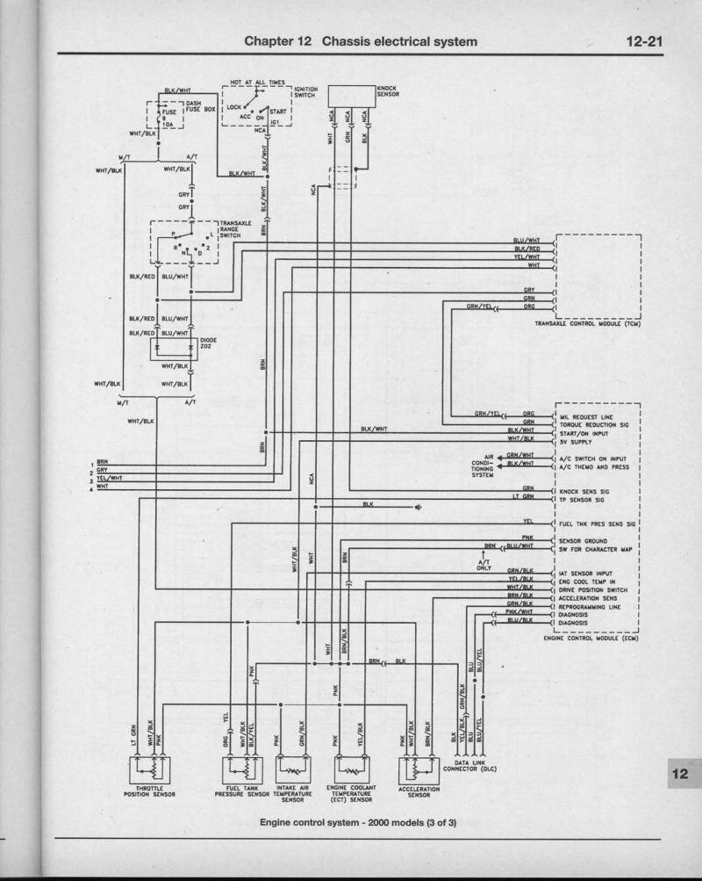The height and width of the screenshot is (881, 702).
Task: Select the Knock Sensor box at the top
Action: pyautogui.click(x=351, y=96)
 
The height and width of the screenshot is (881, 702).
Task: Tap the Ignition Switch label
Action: pyautogui.click(x=305, y=92)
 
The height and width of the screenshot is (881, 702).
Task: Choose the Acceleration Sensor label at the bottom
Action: pyautogui.click(x=418, y=791)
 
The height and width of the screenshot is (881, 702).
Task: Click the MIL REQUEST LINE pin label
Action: pyautogui.click(x=586, y=416)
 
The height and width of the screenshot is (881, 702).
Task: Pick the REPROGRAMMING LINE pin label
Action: pyautogui.click(x=589, y=606)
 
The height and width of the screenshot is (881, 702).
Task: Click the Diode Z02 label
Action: pyautogui.click(x=208, y=343)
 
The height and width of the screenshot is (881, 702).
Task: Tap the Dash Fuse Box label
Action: pyautogui.click(x=200, y=106)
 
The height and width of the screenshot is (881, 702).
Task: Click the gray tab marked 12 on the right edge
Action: pyautogui.click(x=681, y=773)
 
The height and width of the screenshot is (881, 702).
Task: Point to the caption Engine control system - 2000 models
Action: pyautogui.click(x=358, y=823)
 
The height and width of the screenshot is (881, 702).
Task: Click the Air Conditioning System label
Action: pyautogui.click(x=482, y=466)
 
